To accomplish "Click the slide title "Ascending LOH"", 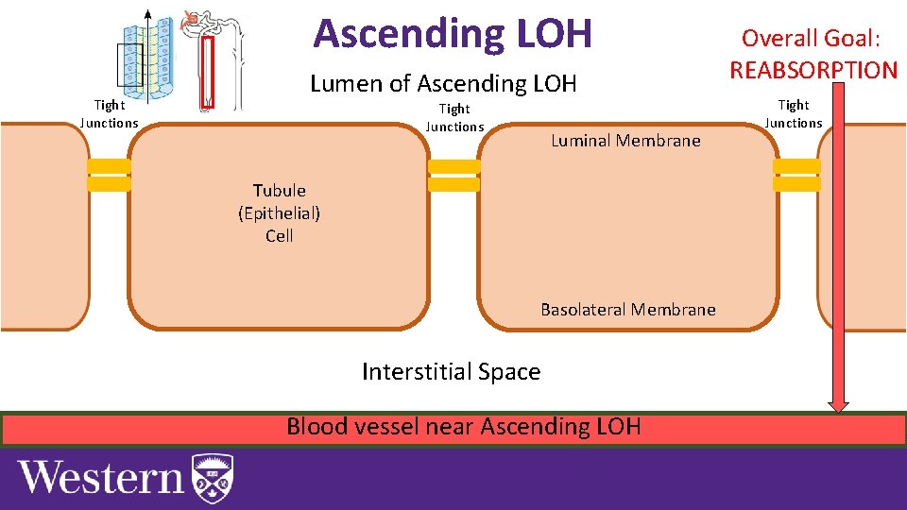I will click(453, 34).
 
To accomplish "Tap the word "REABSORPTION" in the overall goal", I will click(813, 70).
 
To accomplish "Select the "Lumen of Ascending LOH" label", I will click(443, 84).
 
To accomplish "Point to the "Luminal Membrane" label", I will click(625, 141).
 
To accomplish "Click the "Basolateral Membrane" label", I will click(627, 310).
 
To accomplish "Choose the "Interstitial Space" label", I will click(451, 372).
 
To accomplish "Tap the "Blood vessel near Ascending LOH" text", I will click(463, 427).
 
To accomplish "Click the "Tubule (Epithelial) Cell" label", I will click(279, 213).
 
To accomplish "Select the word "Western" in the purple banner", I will click(101, 478).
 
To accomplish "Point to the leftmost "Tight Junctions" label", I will click(109, 114).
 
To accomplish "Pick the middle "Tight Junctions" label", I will click(454, 118).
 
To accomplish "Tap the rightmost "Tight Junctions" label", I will click(794, 113).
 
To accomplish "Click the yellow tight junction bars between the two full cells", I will click(453, 176).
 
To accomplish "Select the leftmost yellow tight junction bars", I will click(109, 176).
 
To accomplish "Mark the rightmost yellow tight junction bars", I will click(796, 176).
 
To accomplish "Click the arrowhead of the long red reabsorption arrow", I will click(839, 403).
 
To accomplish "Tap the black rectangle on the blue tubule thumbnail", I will click(129, 64).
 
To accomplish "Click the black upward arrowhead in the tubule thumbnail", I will click(147, 14).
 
